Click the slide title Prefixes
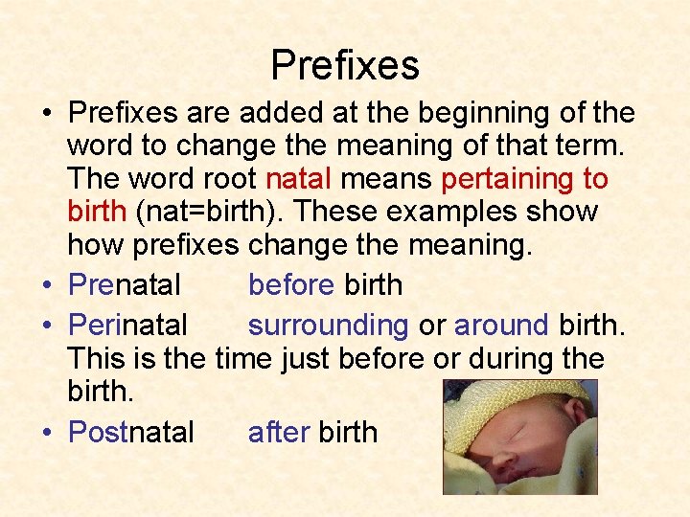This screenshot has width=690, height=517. click(x=345, y=65)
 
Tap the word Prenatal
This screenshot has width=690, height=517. click(x=125, y=284)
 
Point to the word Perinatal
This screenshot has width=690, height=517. click(x=128, y=326)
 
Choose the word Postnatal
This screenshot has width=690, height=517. click(x=131, y=432)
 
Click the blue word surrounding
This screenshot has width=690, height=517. click(x=329, y=326)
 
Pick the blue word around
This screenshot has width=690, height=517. click(x=500, y=326)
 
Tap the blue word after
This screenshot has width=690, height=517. click(x=278, y=432)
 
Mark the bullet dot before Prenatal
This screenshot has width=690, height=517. click(x=46, y=286)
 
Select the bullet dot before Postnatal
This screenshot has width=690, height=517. click(x=46, y=434)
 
